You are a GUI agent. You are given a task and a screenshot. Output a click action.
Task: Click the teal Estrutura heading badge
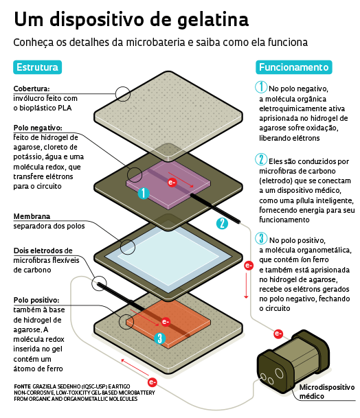(x=37, y=67)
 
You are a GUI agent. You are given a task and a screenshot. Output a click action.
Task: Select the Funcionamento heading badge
(x=294, y=67)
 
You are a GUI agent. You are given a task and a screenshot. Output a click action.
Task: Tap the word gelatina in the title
(x=213, y=20)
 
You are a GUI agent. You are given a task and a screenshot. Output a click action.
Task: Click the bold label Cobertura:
(x=32, y=89)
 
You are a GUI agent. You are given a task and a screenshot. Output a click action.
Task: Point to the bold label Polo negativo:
(x=38, y=128)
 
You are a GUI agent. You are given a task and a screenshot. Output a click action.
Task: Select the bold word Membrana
(x=32, y=216)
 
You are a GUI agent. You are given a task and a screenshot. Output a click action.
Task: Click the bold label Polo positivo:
(x=36, y=300)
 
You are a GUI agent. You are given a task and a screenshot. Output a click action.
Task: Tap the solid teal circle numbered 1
(x=144, y=193)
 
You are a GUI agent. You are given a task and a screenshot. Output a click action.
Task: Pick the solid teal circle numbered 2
(x=222, y=223)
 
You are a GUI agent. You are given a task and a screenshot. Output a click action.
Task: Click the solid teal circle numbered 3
(x=160, y=338)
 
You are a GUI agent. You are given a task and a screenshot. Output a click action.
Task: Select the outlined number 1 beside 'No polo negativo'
(x=261, y=87)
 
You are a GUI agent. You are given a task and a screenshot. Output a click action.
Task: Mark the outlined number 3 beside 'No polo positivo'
(x=261, y=238)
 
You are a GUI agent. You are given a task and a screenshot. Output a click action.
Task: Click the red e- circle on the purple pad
(x=172, y=183)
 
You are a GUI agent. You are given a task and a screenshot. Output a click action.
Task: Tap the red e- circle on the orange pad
(x=166, y=322)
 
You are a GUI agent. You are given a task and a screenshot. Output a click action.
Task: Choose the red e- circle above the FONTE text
(x=152, y=382)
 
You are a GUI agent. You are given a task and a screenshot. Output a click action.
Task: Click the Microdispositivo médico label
(x=327, y=392)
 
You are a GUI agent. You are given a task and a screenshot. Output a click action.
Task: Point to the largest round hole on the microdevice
(x=279, y=373)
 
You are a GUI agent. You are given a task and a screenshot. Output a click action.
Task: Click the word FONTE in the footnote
(x=22, y=386)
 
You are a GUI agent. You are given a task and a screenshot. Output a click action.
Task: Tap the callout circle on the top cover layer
(x=123, y=94)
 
